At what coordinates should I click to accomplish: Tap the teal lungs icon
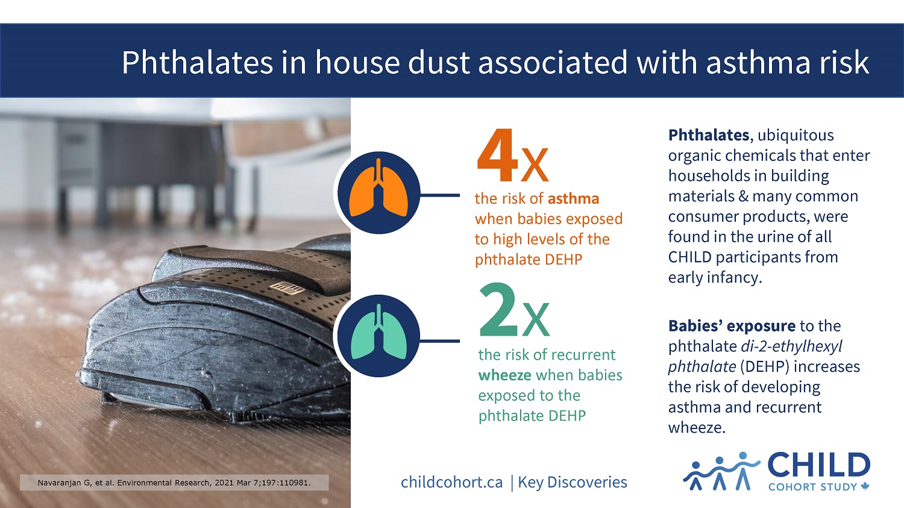(x=378, y=336)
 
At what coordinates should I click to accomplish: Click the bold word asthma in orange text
(x=573, y=199)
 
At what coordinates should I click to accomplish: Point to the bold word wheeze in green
(x=504, y=375)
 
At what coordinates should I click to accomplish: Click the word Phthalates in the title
(x=197, y=62)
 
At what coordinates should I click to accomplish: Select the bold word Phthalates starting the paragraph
(x=708, y=135)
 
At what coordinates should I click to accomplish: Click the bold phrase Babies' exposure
(x=732, y=326)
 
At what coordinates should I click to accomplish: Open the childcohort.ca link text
(x=451, y=482)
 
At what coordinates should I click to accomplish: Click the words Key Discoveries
(x=573, y=482)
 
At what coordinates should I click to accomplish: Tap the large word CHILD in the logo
(x=818, y=466)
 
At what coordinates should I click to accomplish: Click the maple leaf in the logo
(x=865, y=486)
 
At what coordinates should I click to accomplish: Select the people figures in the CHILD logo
(x=720, y=471)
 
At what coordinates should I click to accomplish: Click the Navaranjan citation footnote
(x=174, y=483)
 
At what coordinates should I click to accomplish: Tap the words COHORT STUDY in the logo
(x=812, y=487)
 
